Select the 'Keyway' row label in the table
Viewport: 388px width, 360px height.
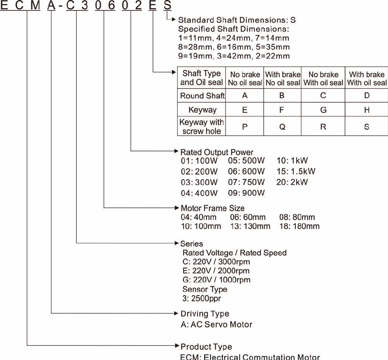(x=202, y=110)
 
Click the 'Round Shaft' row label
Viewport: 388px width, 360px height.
(x=202, y=96)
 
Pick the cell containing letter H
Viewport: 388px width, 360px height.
(x=366, y=110)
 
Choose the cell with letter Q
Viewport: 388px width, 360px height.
(x=283, y=126)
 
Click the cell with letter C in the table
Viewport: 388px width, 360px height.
(x=323, y=96)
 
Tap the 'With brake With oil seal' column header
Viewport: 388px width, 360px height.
(x=366, y=79)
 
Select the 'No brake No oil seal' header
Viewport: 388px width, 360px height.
(x=245, y=79)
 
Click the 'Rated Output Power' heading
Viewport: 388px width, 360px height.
(x=217, y=153)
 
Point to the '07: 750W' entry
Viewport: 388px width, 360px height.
(x=246, y=182)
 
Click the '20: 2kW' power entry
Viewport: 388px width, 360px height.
(x=292, y=182)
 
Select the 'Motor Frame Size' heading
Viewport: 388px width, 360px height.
(x=213, y=208)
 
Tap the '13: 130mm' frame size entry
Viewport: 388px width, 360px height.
(x=250, y=226)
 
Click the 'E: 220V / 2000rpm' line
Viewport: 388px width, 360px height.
(x=216, y=271)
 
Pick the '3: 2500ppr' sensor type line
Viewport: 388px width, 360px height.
(x=202, y=298)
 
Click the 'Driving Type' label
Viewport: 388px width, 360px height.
(x=205, y=314)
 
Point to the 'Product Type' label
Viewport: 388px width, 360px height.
(x=206, y=347)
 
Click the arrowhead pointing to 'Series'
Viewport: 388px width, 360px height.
(x=176, y=243)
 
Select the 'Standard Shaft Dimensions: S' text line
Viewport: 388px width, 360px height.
(x=237, y=20)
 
